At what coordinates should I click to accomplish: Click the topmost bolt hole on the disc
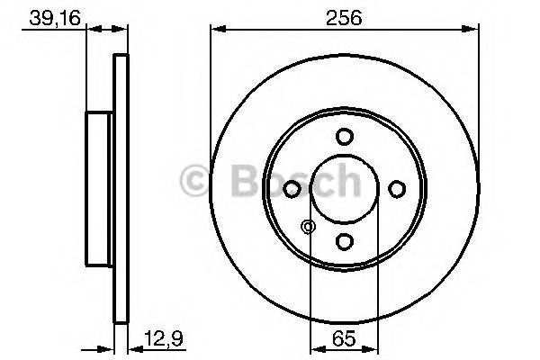[344, 137]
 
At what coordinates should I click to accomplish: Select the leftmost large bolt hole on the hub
[292, 189]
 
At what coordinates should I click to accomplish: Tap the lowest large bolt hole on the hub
[344, 241]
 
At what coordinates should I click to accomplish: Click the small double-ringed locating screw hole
[309, 227]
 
